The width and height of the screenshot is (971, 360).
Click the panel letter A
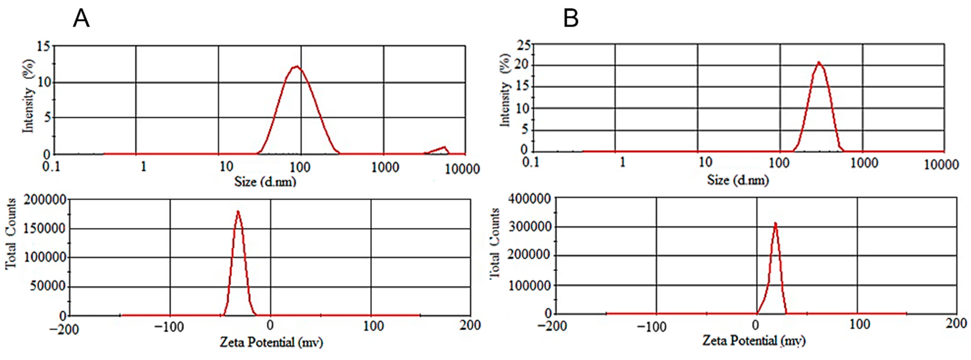[x=81, y=19]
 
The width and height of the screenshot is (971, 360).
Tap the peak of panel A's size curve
[x=297, y=67]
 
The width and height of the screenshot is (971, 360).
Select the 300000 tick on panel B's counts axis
[x=529, y=227]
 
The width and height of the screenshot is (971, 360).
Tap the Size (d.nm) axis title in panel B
[x=738, y=180]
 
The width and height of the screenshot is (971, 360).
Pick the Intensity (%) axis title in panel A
[x=28, y=96]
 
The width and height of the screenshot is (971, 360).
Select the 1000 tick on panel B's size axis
[x=864, y=163]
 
